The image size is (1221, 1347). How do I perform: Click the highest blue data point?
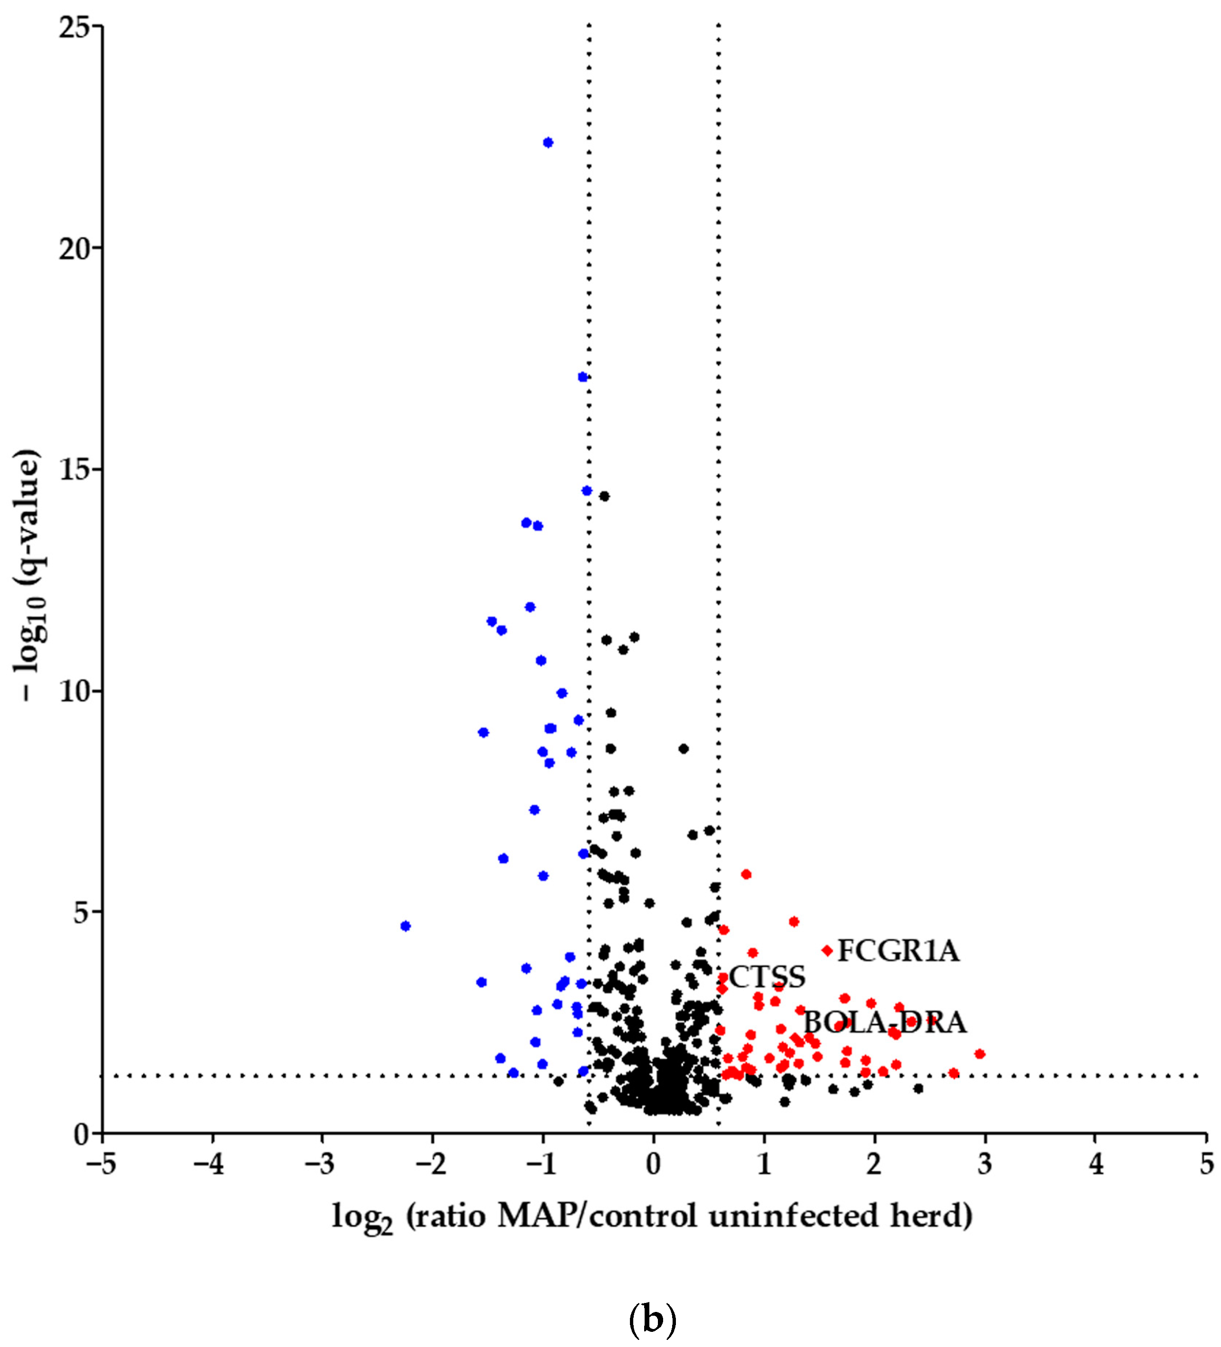[x=548, y=142]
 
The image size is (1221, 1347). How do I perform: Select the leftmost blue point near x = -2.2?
[x=405, y=925]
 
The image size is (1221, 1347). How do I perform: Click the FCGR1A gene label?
[x=898, y=951]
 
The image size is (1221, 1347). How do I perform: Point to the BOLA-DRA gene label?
[x=884, y=1023]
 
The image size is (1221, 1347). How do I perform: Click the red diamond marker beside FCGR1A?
[x=828, y=950]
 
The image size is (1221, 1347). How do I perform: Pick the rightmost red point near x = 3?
[x=980, y=1054]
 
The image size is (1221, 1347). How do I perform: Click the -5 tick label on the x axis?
[x=101, y=1165]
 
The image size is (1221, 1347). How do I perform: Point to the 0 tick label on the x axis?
[x=654, y=1165]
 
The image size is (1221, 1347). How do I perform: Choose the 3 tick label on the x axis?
[x=984, y=1165]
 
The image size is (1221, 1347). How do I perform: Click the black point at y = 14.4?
[x=604, y=496]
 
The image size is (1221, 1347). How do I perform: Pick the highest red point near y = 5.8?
[x=747, y=874]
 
